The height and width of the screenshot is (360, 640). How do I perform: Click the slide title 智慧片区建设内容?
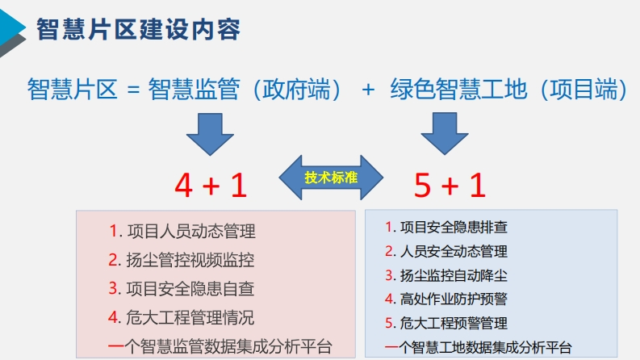point(138,29)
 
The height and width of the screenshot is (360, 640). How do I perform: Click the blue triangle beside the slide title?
point(10,27)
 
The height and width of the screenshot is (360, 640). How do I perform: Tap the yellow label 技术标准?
point(331,178)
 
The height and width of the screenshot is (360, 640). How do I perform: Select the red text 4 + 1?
point(211,185)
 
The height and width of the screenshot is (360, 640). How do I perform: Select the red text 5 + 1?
point(450,185)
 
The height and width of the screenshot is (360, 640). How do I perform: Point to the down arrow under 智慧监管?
point(210,134)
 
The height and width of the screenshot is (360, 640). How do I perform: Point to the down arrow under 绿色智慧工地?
point(445,133)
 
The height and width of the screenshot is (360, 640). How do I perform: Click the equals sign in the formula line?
point(133,90)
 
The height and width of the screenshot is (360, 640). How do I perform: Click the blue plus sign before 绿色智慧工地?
point(368,90)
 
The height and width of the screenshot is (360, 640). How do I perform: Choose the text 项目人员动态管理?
point(191,232)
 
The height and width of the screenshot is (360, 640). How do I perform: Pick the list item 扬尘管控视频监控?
point(190,260)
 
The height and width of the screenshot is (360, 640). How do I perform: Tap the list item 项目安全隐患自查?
point(190,289)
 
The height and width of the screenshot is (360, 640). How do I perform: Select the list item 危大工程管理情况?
point(190,317)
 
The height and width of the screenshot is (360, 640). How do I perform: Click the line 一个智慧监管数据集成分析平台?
point(220,346)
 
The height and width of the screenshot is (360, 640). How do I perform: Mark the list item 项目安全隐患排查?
point(454,228)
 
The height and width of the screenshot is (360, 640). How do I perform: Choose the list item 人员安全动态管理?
point(454,251)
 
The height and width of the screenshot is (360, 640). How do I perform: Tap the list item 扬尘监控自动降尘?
point(454,275)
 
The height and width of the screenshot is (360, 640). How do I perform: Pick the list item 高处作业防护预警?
point(454,299)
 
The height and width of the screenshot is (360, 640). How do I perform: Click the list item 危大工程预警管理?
point(454,323)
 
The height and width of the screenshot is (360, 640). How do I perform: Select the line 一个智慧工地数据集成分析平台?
point(479,347)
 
